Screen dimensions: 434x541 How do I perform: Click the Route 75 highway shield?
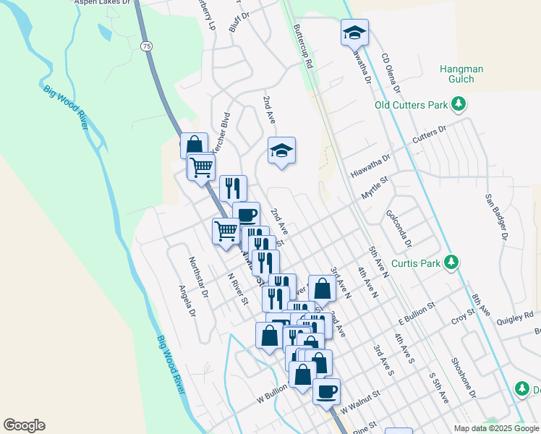(x=147, y=46)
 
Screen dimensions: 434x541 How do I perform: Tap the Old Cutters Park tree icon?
(x=458, y=106)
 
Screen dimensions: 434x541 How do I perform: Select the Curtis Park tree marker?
(x=452, y=261)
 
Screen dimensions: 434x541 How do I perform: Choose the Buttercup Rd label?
(x=303, y=48)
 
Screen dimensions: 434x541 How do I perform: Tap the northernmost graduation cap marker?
(x=354, y=33)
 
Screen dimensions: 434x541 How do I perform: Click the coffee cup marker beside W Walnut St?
(x=325, y=391)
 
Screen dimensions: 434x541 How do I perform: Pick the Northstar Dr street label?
(x=197, y=278)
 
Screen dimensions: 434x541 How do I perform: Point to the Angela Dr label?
(x=187, y=299)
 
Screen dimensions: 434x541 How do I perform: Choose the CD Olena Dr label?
(x=391, y=73)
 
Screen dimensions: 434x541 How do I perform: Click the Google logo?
(x=24, y=425)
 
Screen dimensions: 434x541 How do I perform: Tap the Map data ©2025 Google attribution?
(x=496, y=428)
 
